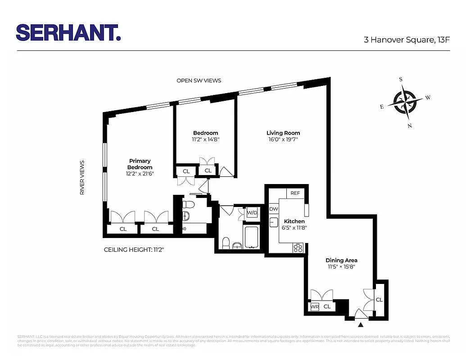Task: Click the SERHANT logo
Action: coord(68,32)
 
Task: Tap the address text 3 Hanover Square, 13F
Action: coord(407,40)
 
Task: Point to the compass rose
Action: coord(405,102)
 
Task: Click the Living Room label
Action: coord(283,133)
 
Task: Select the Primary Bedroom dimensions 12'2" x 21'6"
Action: coord(140,173)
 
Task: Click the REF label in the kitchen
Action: coord(295,193)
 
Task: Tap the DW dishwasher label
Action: coord(273,209)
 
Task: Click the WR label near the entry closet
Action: coord(315,307)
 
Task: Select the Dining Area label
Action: coord(341,260)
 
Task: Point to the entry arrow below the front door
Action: coord(361,324)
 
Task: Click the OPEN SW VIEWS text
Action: coord(199,81)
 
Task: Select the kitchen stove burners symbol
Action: coord(298,248)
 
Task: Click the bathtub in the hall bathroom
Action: coord(251,237)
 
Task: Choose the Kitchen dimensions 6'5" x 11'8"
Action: coord(294,228)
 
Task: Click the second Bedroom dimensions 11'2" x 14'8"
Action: coord(206,139)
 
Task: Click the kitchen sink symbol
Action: coord(273,223)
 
